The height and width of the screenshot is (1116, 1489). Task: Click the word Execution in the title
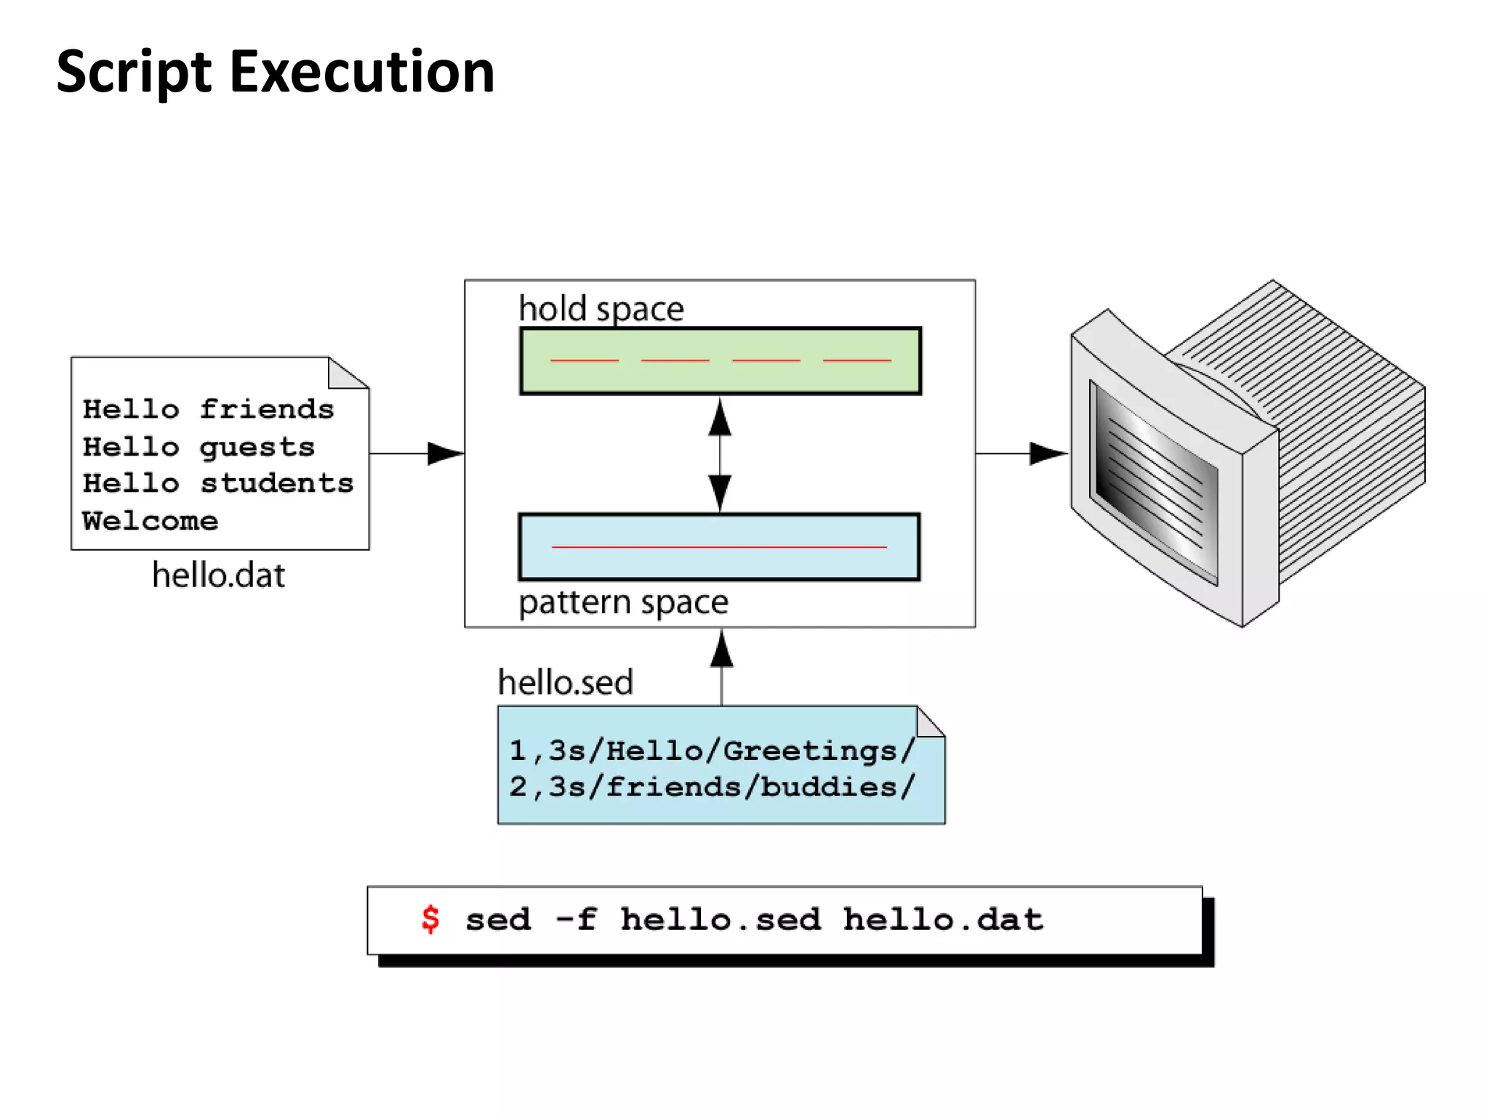coord(361,73)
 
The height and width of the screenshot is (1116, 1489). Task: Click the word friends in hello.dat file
coord(266,409)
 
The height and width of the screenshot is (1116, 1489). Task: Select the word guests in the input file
coord(257,447)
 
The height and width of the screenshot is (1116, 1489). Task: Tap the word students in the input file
coord(276,483)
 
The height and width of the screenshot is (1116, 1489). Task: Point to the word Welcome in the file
coord(150,521)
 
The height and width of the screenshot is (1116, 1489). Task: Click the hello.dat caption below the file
coord(218,575)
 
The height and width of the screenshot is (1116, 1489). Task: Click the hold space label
coord(601,309)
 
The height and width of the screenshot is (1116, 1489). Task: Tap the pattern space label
coord(623,602)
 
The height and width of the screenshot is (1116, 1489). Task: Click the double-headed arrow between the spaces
coord(720,455)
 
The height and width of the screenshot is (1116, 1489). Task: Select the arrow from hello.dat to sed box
coord(416,453)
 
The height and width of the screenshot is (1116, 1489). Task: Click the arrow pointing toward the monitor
coord(1021,453)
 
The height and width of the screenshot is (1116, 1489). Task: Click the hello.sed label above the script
coord(565,682)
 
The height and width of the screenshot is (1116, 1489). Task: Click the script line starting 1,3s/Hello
coord(711,751)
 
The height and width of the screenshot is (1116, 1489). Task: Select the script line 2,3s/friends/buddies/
coord(711,787)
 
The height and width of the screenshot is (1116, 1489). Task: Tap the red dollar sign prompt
coord(430,919)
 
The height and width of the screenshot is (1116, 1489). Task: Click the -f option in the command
coord(576,920)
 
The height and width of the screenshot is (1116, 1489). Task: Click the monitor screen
coord(1155,482)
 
